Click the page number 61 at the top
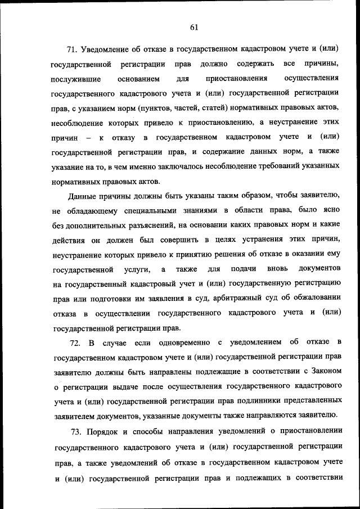point(195,27)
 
